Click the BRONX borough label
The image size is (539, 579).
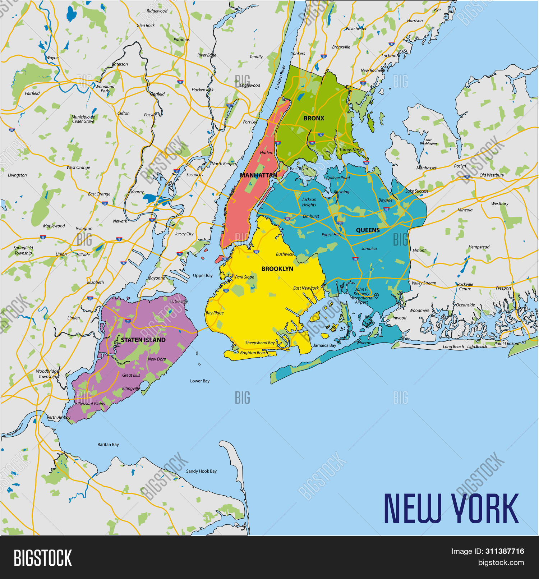click(x=314, y=118)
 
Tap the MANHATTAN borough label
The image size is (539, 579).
click(x=258, y=175)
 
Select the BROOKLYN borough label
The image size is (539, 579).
click(x=277, y=269)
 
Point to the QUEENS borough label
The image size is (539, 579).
click(x=368, y=230)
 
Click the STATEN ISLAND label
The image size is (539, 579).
click(x=143, y=340)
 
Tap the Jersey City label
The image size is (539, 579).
click(x=184, y=234)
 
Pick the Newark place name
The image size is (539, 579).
click(x=120, y=221)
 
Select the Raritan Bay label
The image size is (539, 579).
click(x=108, y=445)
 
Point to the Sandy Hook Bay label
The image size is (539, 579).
click(x=201, y=471)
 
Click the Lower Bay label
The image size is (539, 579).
click(x=200, y=381)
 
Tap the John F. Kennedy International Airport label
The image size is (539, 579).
click(x=361, y=296)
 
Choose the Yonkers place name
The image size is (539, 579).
click(x=298, y=54)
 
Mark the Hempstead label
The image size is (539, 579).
click(x=479, y=247)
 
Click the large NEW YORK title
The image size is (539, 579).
click(x=451, y=508)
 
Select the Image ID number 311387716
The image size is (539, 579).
click(x=505, y=551)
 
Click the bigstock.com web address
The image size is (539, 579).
click(x=501, y=563)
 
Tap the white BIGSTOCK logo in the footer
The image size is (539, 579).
click(x=43, y=558)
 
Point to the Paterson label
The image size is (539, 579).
click(x=120, y=64)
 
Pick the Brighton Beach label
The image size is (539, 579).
click(x=254, y=353)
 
